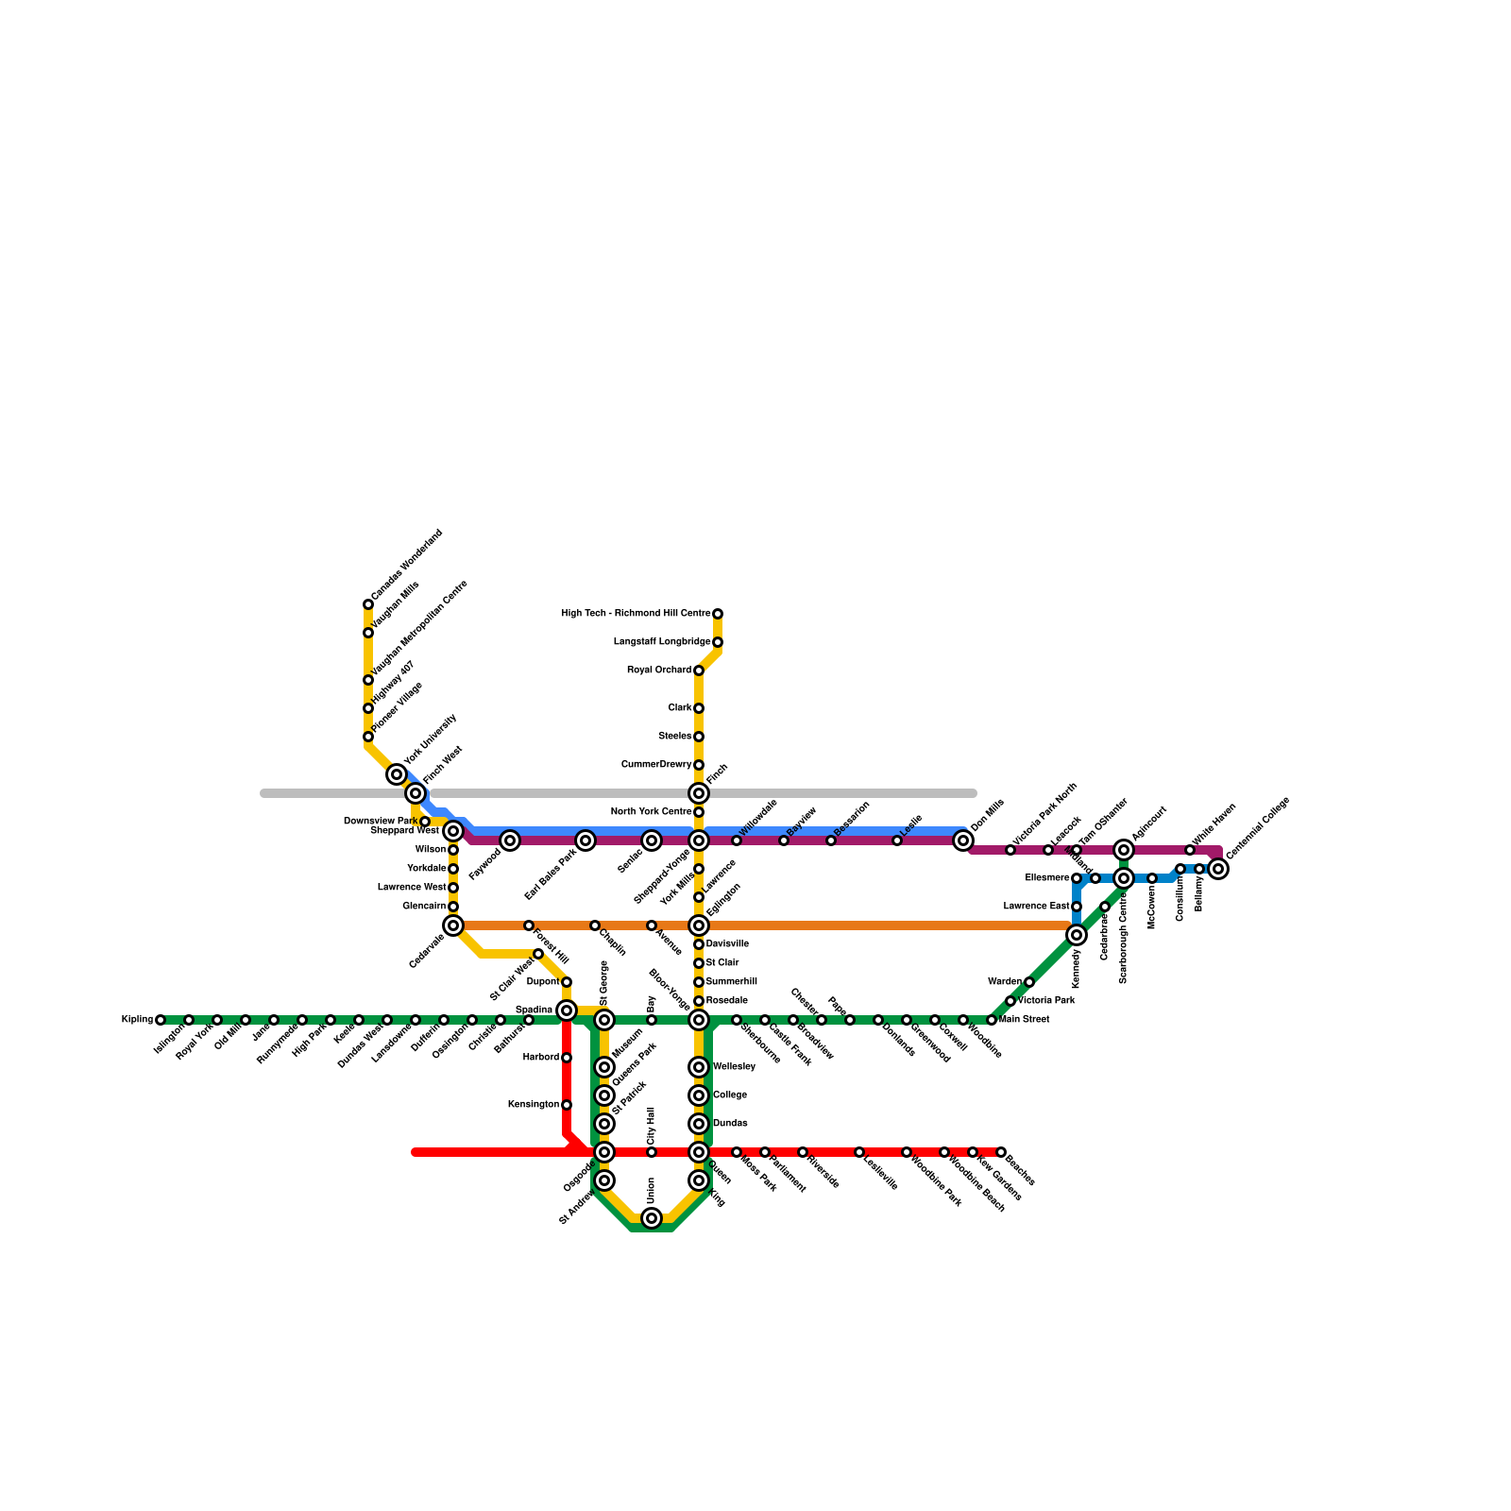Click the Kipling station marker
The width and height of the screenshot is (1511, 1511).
161,1020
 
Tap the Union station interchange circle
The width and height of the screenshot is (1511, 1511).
652,1218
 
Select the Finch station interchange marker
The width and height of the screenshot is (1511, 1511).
699,793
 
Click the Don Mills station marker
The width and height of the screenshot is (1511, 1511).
963,840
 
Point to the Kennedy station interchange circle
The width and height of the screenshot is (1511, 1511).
1077,935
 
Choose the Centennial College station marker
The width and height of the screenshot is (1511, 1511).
1219,869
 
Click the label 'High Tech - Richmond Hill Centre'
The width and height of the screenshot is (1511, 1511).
636,614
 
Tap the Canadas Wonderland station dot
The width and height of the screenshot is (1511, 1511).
368,604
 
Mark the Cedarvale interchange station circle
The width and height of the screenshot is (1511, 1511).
453,925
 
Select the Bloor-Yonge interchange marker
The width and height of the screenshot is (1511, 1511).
699,1020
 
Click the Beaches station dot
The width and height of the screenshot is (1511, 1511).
1001,1152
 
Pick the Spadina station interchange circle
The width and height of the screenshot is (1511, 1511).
567,1010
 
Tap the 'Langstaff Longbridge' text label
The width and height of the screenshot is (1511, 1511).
662,642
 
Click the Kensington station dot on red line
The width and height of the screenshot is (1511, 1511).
567,1105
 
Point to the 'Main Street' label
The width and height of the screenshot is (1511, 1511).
1025,1020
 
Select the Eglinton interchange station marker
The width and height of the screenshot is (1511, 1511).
699,925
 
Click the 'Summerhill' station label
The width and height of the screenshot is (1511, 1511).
732,982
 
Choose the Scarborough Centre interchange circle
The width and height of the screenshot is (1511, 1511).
1124,878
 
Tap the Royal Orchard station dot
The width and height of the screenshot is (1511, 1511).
699,671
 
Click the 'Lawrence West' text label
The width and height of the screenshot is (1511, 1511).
412,888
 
